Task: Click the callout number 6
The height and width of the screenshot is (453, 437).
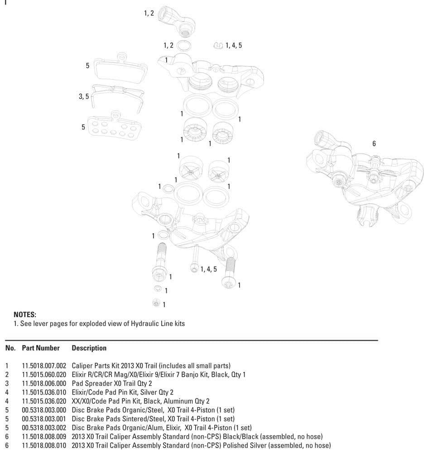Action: pyautogui.click(x=374, y=144)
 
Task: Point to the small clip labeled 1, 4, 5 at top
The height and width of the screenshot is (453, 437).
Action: pyautogui.click(x=218, y=45)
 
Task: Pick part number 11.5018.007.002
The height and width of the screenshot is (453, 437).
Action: pyautogui.click(x=44, y=366)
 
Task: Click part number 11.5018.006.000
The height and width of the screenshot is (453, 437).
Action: pyautogui.click(x=44, y=383)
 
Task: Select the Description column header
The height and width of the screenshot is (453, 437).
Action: pyautogui.click(x=89, y=348)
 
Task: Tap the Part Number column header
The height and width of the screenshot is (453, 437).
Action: pyautogui.click(x=41, y=348)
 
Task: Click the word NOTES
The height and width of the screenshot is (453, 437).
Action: pyautogui.click(x=25, y=314)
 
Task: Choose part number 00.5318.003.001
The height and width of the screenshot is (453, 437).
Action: pyautogui.click(x=44, y=419)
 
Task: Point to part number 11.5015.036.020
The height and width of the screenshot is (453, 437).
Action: pyautogui.click(x=44, y=401)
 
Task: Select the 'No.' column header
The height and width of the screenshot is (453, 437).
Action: pyautogui.click(x=10, y=348)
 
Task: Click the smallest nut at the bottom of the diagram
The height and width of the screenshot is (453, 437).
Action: pyautogui.click(x=156, y=303)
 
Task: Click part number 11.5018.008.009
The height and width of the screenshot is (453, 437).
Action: pyautogui.click(x=44, y=436)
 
